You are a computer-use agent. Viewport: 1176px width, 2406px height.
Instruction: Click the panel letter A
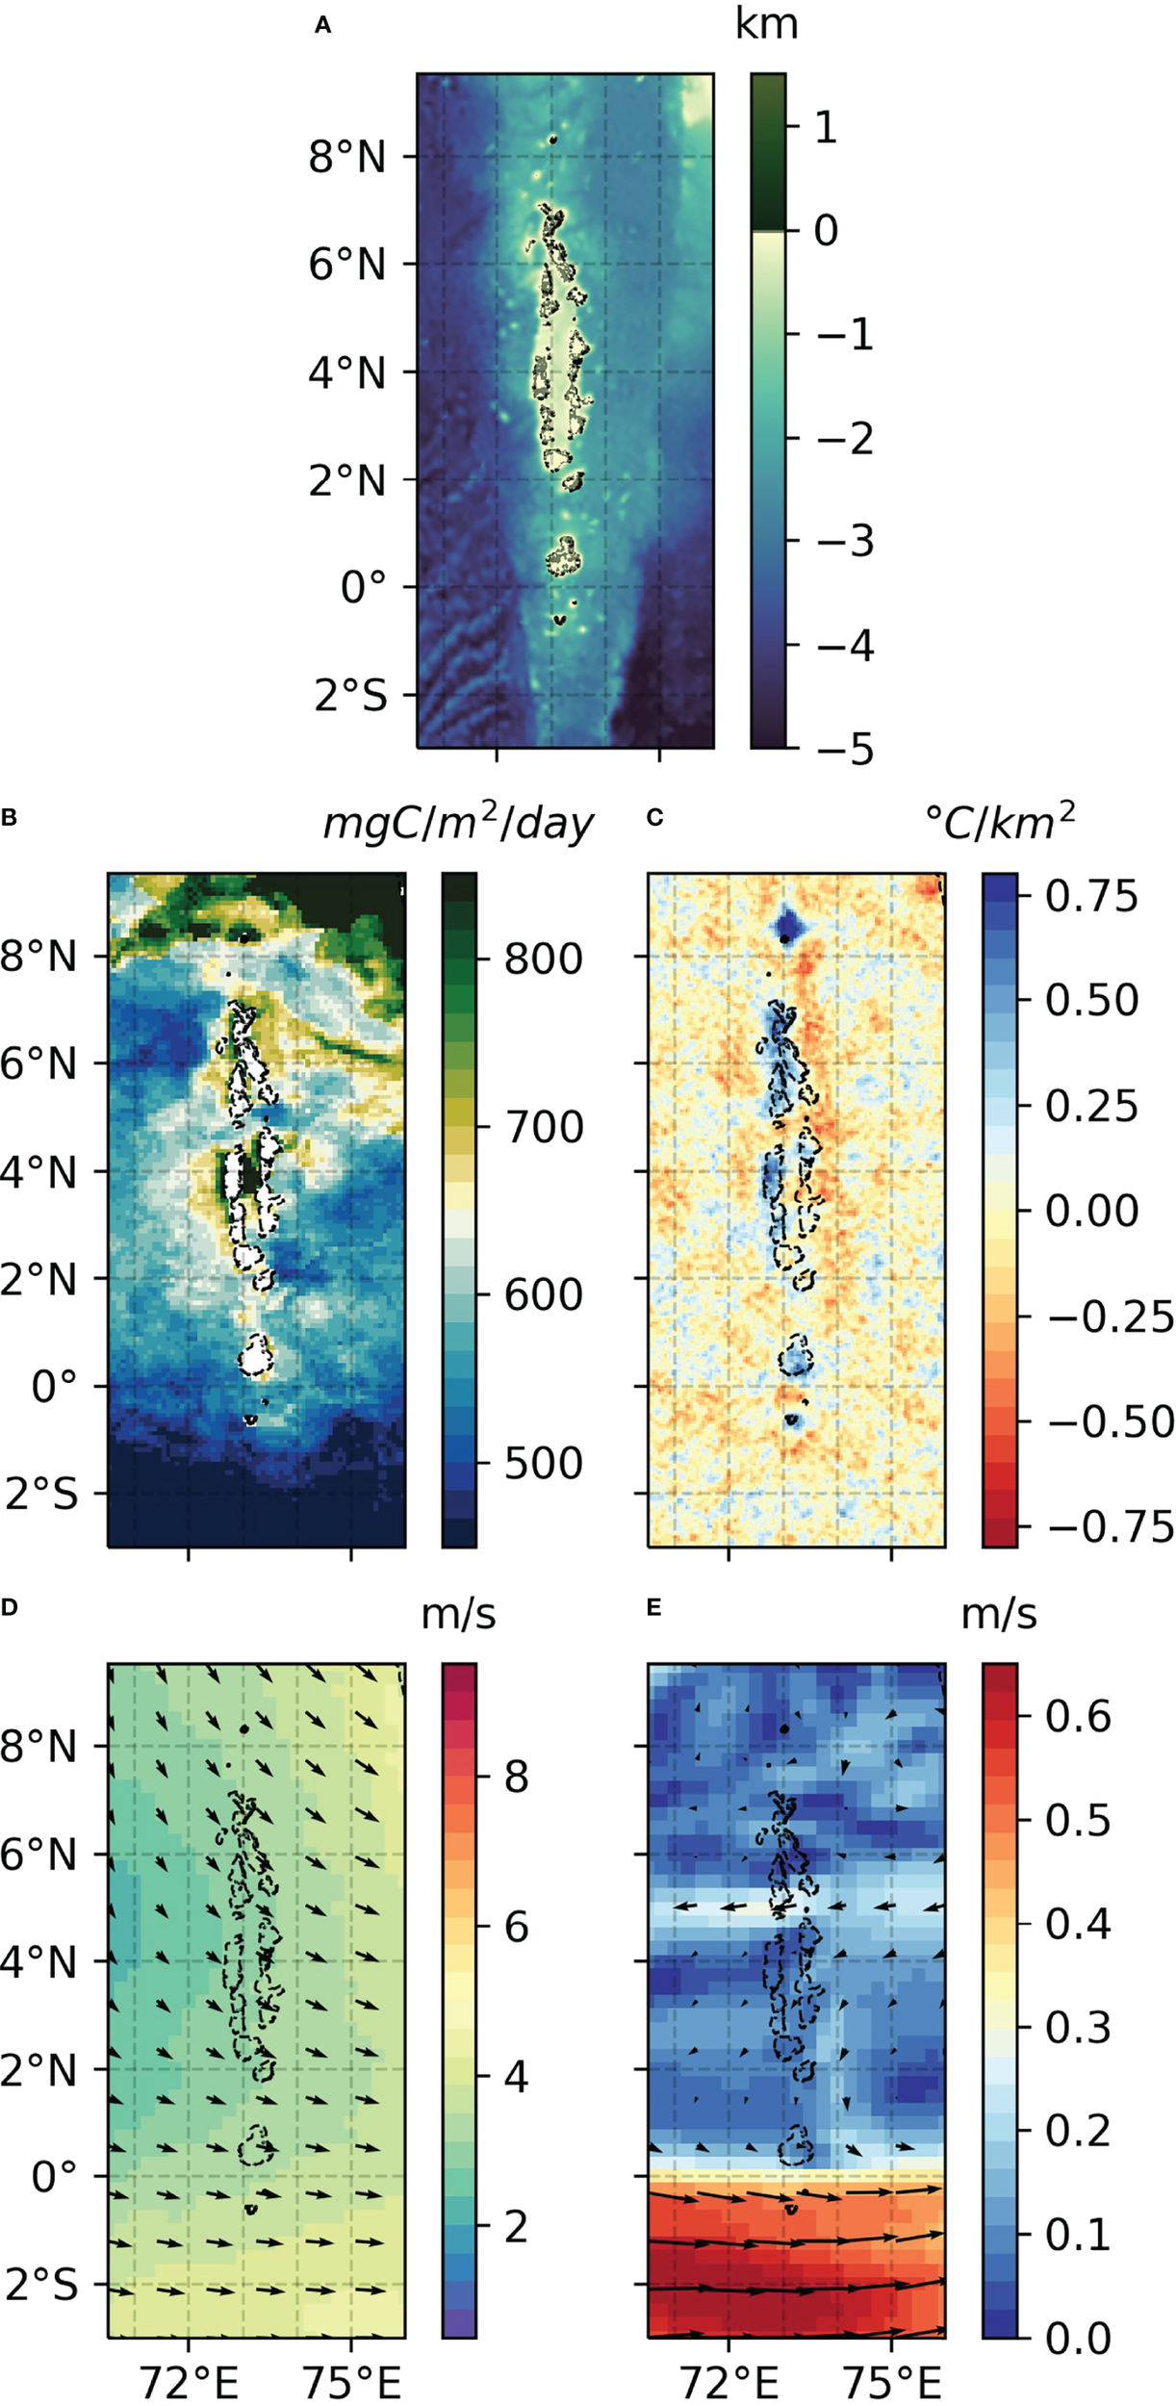pos(323,27)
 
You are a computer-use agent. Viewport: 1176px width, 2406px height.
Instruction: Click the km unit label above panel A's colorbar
pos(766,23)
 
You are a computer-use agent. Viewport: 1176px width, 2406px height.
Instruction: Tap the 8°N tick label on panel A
pos(347,156)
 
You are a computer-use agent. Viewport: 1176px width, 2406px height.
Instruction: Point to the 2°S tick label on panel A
pos(350,695)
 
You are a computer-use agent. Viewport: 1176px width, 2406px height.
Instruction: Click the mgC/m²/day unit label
pos(458,823)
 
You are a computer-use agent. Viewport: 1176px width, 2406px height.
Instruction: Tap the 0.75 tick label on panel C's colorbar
pos(1091,896)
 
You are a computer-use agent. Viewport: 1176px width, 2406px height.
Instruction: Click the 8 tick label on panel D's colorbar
pos(517,1777)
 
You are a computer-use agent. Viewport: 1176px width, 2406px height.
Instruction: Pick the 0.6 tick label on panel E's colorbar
pos(1078,1716)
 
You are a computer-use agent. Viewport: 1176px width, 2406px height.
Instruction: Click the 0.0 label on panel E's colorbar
pos(1078,2338)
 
